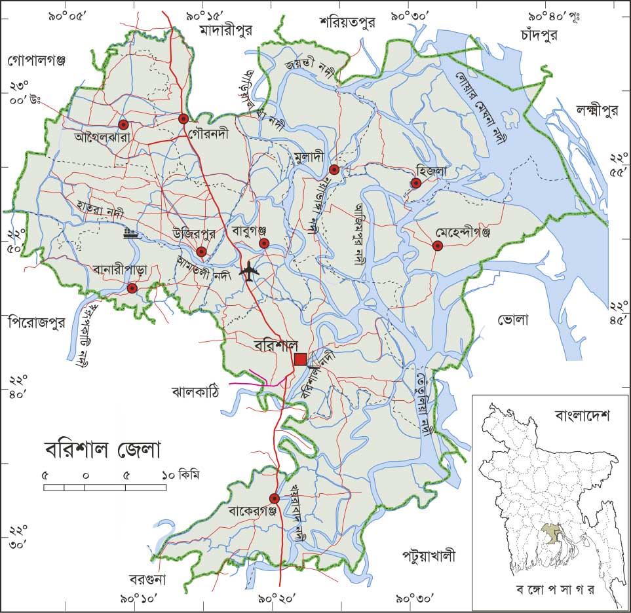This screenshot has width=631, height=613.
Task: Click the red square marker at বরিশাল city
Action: [300, 359]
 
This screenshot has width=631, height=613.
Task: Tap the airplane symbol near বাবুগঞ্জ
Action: [248, 271]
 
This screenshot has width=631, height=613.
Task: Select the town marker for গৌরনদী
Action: [184, 119]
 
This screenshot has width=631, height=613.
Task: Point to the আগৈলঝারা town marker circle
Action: [123, 124]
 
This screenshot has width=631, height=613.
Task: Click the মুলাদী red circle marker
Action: [334, 170]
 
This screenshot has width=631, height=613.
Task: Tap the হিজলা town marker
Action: [415, 183]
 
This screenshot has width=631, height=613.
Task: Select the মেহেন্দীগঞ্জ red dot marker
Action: [437, 246]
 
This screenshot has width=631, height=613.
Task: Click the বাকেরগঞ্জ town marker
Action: [275, 498]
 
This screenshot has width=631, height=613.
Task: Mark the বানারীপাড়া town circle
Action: [132, 288]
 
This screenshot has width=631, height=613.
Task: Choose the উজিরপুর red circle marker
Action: [201, 251]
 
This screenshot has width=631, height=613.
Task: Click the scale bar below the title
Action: [104, 487]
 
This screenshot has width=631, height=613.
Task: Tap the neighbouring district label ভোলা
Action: [512, 320]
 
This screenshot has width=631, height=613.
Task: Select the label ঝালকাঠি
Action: [195, 392]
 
